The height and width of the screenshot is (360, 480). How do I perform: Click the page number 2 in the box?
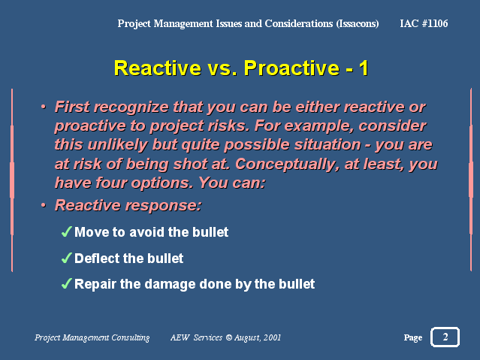coord(445,337)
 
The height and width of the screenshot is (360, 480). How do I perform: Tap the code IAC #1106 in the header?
coord(424,23)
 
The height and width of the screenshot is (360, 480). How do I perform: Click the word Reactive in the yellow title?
coord(157,68)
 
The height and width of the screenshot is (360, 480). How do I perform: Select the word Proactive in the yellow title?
coord(291,68)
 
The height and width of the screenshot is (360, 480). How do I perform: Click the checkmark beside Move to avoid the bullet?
coord(67,231)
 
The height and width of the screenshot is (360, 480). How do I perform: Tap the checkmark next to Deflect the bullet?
coord(67,258)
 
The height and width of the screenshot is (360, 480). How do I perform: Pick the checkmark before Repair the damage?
coord(67,283)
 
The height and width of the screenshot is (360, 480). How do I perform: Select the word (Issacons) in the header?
coord(358,23)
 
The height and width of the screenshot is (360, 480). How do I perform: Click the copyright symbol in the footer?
coord(229,337)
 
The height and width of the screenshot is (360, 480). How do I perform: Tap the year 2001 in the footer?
coord(272,337)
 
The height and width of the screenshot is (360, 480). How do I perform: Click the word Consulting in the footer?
coord(131,337)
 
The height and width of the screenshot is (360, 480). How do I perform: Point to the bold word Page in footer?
coord(413,337)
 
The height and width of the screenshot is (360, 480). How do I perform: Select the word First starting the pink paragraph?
coord(72,107)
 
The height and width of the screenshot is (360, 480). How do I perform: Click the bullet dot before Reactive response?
coord(44,205)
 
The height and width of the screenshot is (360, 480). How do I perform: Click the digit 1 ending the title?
coord(364,68)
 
